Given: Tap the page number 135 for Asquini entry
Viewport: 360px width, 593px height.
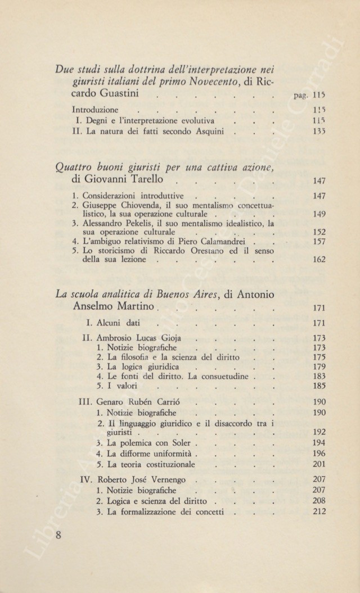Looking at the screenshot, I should pyautogui.click(x=319, y=133).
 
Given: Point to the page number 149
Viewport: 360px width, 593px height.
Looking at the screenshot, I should pyautogui.click(x=319, y=215).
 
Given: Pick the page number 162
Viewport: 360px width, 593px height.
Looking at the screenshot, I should pyautogui.click(x=319, y=261).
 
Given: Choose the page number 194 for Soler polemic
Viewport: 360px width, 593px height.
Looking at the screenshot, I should pyautogui.click(x=319, y=443).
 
